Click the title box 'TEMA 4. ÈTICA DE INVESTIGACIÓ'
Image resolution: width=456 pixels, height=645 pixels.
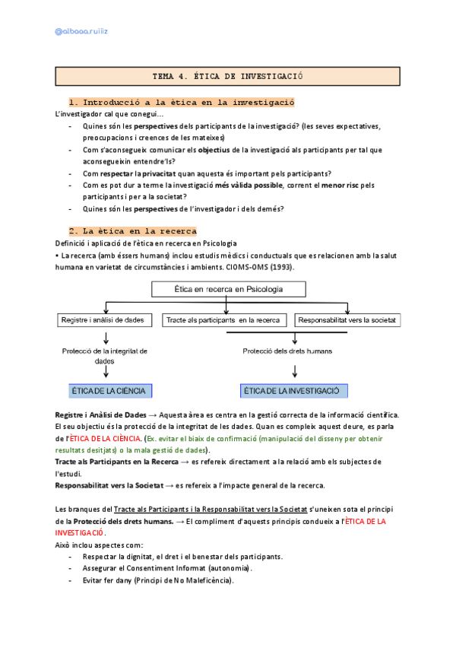[227, 77]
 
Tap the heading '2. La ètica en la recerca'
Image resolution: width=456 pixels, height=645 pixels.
[132, 230]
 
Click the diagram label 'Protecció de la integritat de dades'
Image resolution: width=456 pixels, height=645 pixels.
[105, 356]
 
